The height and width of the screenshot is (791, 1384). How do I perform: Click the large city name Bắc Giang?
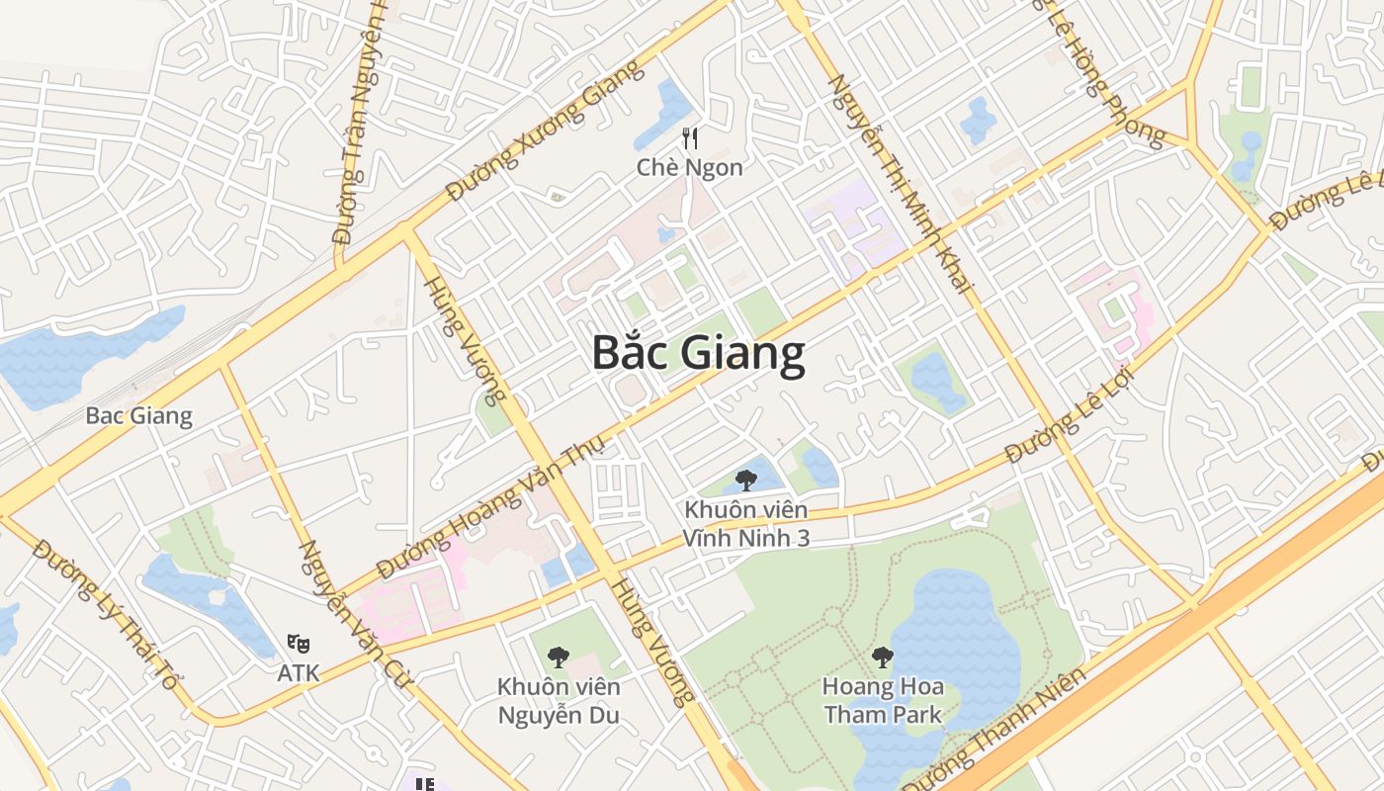699,353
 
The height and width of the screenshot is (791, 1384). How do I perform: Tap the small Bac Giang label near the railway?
138,415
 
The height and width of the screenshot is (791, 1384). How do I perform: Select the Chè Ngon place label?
689,167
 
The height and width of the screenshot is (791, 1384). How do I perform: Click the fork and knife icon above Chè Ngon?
690,139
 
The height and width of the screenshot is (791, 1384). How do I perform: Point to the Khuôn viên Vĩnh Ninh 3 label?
746,524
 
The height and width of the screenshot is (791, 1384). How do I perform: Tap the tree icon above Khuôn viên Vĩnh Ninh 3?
746,482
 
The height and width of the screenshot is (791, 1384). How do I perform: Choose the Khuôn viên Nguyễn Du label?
559,700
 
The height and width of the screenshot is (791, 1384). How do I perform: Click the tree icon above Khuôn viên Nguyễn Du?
559,657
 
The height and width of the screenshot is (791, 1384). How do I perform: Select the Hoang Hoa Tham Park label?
883,700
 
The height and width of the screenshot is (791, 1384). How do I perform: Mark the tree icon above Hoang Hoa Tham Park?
883,657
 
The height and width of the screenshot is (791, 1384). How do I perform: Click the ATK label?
298,673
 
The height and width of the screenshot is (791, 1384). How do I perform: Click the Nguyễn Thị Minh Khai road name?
901,184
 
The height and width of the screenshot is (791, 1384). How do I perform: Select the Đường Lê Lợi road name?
1069,416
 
